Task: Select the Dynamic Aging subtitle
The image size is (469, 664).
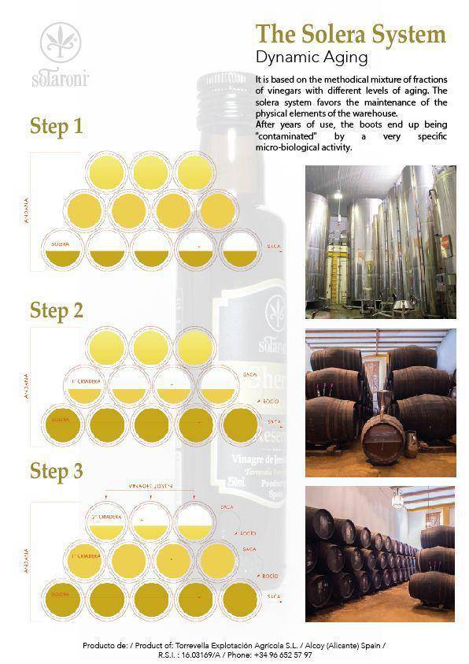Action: tap(312, 57)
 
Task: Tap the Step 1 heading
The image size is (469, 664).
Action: tap(56, 126)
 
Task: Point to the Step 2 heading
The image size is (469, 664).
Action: tap(56, 310)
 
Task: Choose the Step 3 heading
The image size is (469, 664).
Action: tap(56, 471)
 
